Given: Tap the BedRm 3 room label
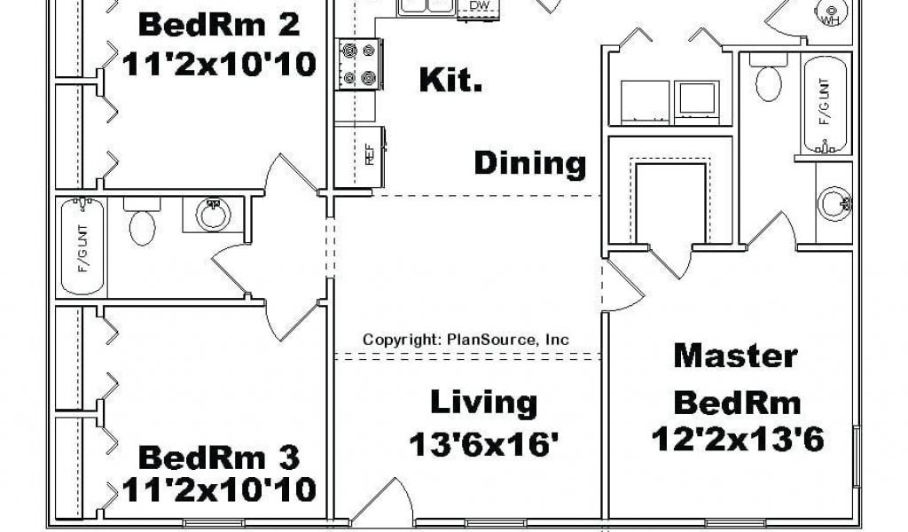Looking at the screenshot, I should point(219,458).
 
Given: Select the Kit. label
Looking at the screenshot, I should point(450,82).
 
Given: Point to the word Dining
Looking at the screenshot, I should point(529,163).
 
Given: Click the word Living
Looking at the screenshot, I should point(483,403).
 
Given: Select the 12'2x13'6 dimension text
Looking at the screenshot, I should point(737,438).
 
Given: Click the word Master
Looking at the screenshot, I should point(735,356).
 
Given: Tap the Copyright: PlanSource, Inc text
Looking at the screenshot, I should point(466,340).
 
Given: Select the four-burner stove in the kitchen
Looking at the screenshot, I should point(357,64).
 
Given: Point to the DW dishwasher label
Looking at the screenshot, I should point(479,7).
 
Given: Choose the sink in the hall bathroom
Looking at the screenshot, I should point(213,214).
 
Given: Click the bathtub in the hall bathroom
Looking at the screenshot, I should point(82,246).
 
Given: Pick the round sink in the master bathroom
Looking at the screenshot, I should point(834,203).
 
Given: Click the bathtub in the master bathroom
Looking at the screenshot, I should point(826,102).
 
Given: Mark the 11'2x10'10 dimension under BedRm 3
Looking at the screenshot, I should point(219,489).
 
